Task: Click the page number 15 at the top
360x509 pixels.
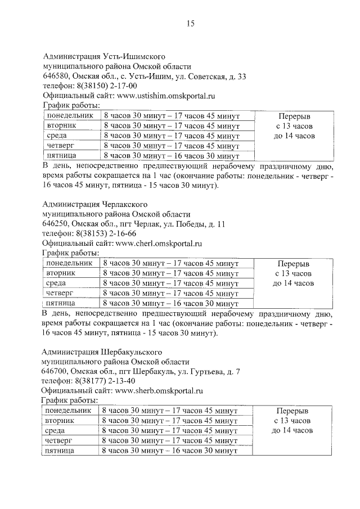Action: pyautogui.click(x=190, y=24)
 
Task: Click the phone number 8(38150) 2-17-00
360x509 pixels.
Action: pyautogui.click(x=106, y=86)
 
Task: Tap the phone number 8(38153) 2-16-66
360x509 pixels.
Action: pyautogui.click(x=106, y=233)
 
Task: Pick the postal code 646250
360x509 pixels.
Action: pyautogui.click(x=56, y=224)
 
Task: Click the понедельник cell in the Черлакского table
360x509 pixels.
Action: pyautogui.click(x=69, y=263)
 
